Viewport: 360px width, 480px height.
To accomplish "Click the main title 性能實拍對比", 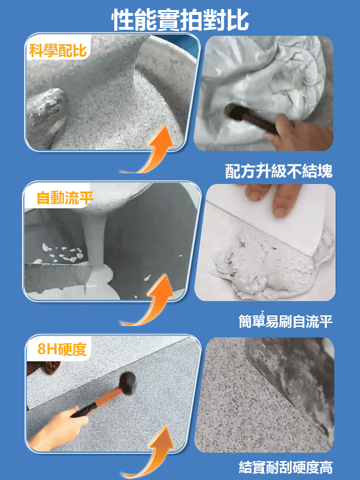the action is [180, 20].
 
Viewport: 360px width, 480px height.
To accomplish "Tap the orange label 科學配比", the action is [58, 50].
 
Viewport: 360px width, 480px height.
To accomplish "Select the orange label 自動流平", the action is [65, 198].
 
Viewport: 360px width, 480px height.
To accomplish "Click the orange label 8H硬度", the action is [62, 349].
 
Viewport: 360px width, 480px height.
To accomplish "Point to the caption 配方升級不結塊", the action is [278, 171].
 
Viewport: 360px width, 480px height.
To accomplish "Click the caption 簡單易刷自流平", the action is [285, 321].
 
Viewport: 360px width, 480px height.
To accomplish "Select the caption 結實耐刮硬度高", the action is [285, 467].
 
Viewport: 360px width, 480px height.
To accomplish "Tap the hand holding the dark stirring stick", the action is [301, 132].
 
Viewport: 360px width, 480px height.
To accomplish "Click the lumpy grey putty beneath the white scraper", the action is [269, 263].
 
